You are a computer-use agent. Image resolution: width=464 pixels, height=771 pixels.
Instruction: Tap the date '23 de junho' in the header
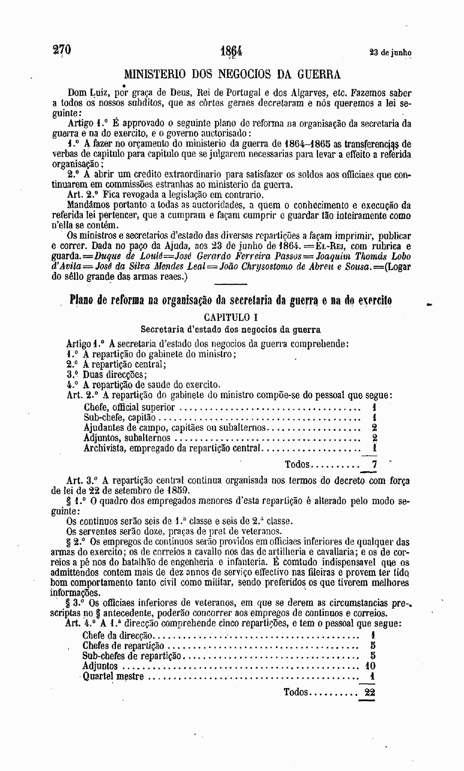pyautogui.click(x=390, y=52)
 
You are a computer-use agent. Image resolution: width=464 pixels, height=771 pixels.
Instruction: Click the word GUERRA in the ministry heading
pyautogui.click(x=319, y=75)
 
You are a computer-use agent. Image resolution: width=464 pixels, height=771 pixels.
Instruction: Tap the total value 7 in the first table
pyautogui.click(x=374, y=464)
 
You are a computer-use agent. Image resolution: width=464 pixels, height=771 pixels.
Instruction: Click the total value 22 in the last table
pyautogui.click(x=370, y=692)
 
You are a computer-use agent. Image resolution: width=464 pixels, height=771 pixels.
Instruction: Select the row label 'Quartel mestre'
pyautogui.click(x=113, y=677)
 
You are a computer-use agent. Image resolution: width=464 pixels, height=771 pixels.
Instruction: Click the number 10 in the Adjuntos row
pyautogui.click(x=370, y=666)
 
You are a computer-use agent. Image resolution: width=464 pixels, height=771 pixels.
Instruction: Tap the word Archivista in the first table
pyautogui.click(x=104, y=448)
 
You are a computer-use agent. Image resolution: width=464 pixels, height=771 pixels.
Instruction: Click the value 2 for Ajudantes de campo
pyautogui.click(x=374, y=428)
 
